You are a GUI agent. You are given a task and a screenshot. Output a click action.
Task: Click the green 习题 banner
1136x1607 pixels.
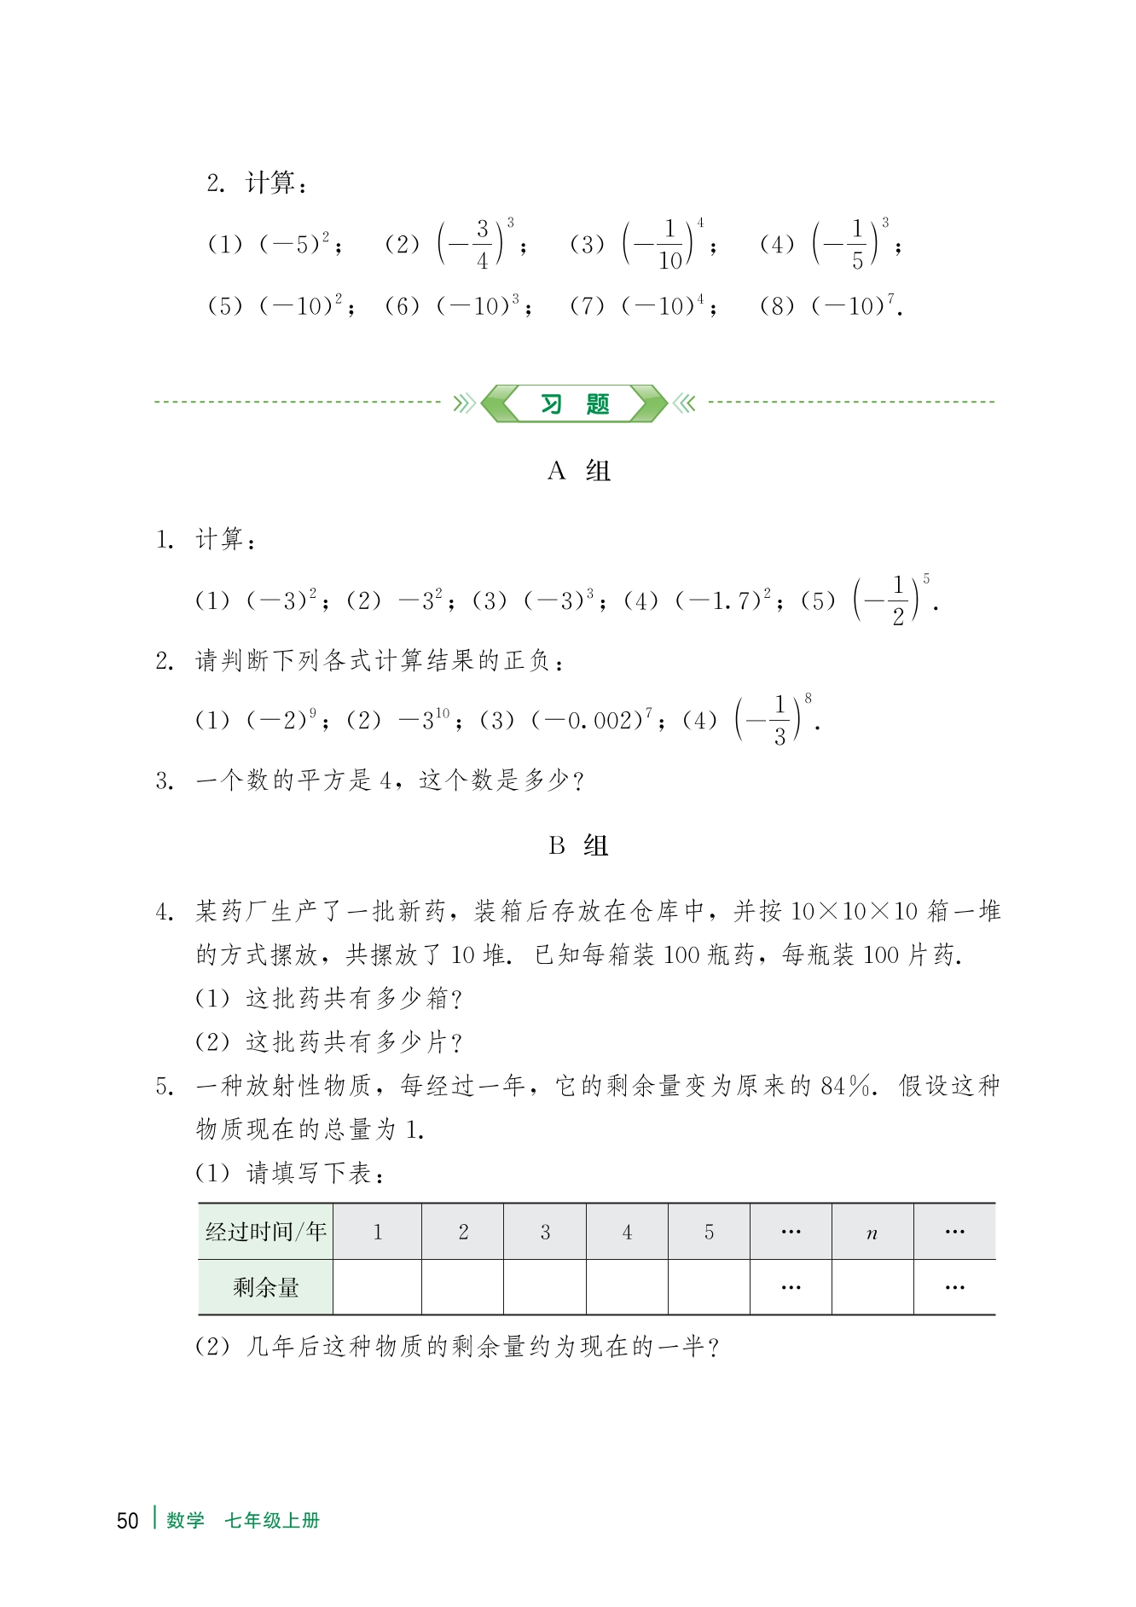coord(574,403)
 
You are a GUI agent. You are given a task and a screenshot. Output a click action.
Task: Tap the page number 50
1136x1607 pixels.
coord(127,1521)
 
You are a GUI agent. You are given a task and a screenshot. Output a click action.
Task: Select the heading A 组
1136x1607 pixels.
coord(579,471)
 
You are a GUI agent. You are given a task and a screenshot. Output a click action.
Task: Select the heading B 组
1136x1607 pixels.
coord(579,846)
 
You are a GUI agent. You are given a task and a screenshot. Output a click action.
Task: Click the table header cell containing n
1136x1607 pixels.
coord(872,1233)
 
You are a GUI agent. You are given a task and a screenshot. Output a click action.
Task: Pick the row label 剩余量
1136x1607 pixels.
coord(265,1287)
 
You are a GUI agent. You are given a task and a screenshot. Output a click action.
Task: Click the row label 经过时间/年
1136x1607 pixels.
coord(265,1232)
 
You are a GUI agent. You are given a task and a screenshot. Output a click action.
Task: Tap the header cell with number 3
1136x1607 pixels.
coord(545,1233)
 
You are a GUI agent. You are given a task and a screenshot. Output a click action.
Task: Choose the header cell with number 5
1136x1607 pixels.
coord(709,1233)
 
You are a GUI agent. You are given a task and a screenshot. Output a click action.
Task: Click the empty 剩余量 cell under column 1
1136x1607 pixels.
coord(377,1287)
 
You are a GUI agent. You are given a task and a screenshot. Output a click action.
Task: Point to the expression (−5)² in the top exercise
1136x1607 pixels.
coord(294,244)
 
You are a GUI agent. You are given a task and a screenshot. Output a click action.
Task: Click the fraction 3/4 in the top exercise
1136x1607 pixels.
coord(482,244)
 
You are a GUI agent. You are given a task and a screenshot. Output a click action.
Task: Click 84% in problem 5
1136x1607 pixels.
coord(847,1086)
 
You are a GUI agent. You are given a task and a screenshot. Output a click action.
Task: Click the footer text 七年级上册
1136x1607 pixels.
coord(271,1521)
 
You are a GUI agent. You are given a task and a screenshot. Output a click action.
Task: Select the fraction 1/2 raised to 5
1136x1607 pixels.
coord(896,600)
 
